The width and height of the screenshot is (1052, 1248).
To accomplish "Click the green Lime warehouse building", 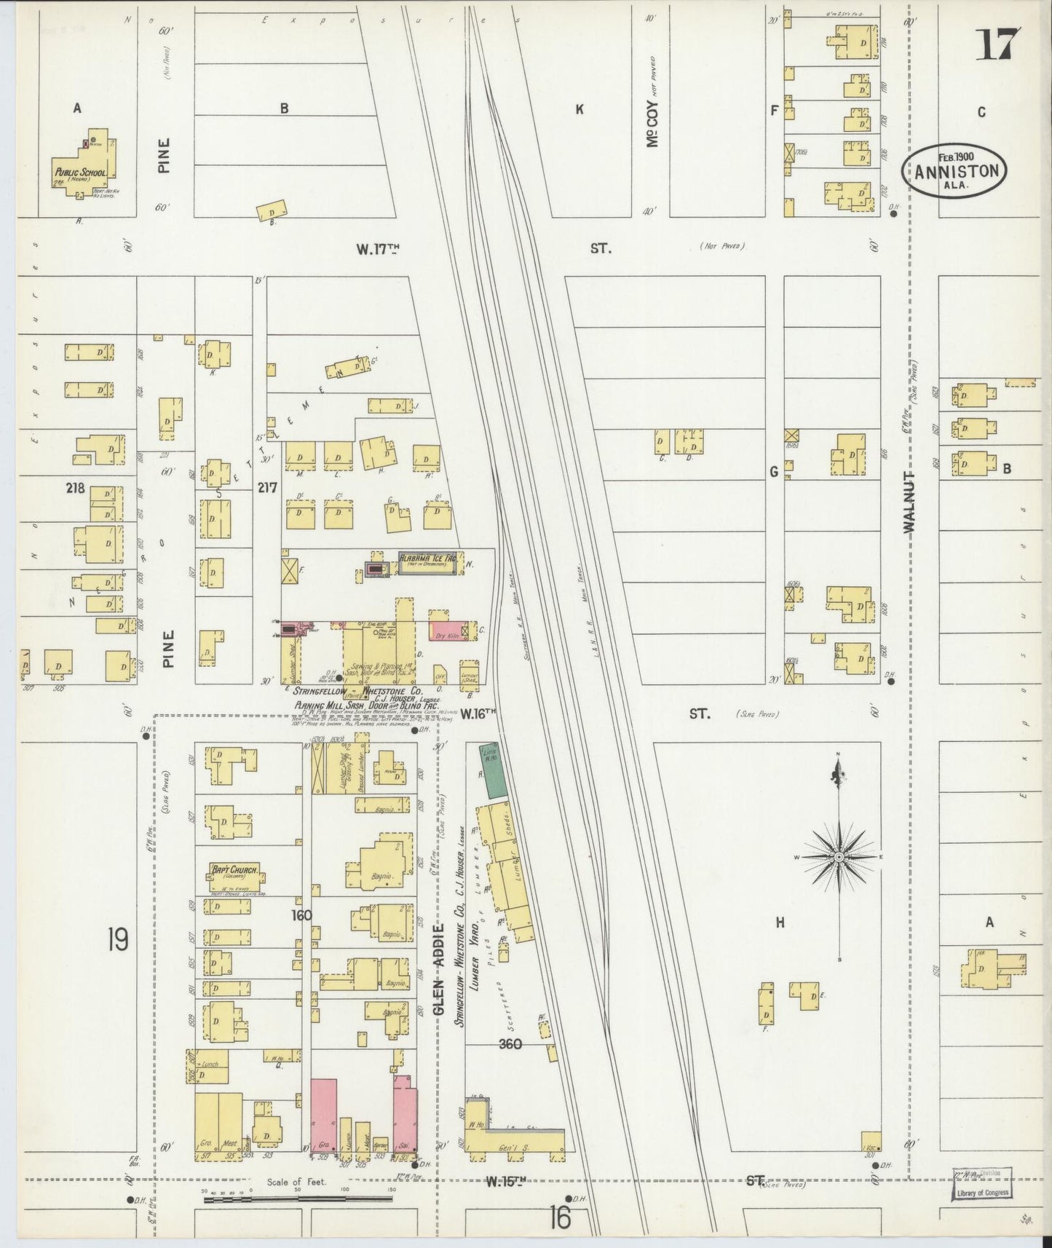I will (x=494, y=770).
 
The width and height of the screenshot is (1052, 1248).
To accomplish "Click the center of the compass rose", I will (x=839, y=858).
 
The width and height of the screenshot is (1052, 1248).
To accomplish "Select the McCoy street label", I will (x=653, y=123).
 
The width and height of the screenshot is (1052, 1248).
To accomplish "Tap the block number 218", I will (x=74, y=488).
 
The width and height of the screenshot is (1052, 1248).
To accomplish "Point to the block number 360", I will (x=510, y=1043).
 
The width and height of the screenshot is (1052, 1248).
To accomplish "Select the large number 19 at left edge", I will (x=118, y=939).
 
